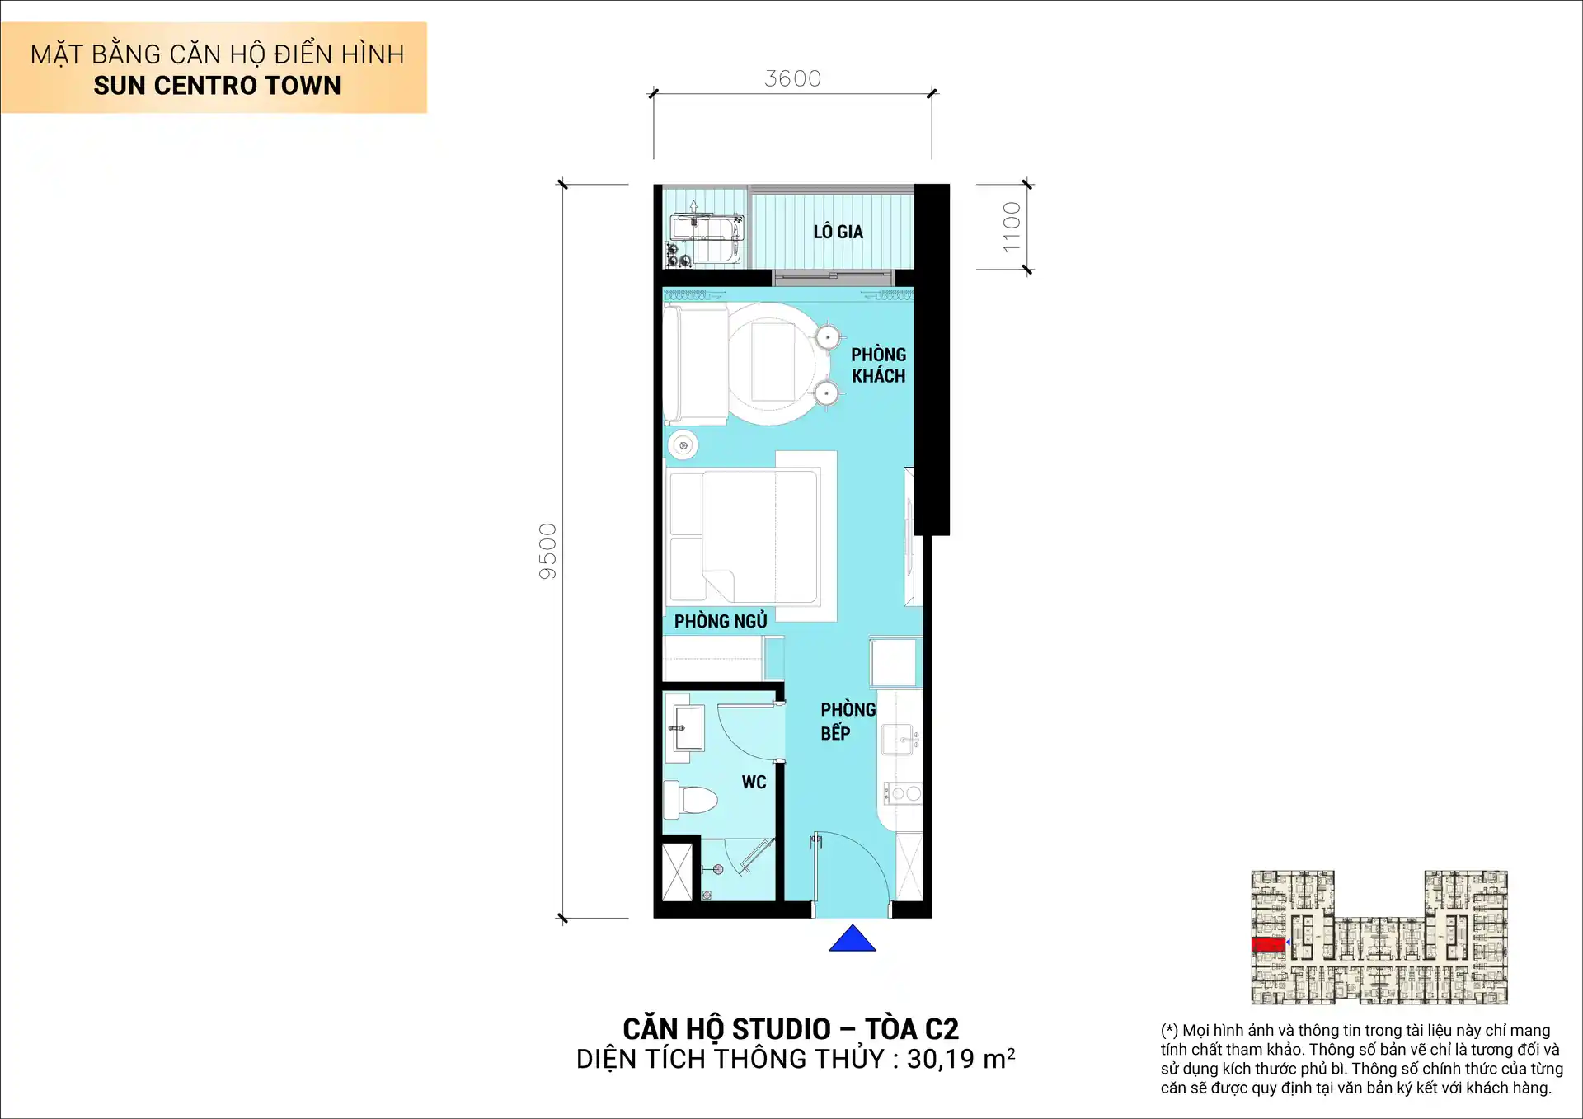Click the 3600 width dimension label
pos(792,78)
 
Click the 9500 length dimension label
pos(548,551)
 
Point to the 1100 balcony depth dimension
pos(1012,227)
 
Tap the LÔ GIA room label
pos(838,232)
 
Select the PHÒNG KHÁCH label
pos(878,365)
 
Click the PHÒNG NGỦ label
pos(721,621)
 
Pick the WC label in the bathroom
pos(754,782)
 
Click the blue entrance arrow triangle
pos(852,938)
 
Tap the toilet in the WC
pos(691,801)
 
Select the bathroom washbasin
pos(687,728)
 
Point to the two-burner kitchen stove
pos(903,793)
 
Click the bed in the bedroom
pos(742,536)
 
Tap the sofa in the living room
pos(694,364)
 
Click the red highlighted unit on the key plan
pos(1267,944)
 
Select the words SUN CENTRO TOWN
pos(217,86)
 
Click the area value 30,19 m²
pos(961,1059)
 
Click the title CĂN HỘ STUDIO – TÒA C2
pos(791,1029)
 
